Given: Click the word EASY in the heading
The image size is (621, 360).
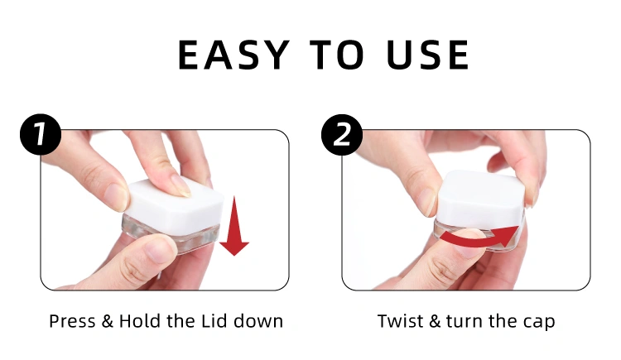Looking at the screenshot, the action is click(x=233, y=55).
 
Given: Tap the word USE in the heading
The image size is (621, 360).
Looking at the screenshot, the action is click(x=428, y=55).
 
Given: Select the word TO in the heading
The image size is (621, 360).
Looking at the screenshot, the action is click(x=337, y=55).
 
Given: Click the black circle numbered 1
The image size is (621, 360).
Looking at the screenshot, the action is click(x=41, y=135).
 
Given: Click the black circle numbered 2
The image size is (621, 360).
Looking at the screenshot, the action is click(x=342, y=135).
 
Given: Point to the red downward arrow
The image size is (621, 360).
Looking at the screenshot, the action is click(x=234, y=226).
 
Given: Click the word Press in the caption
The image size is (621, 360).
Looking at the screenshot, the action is click(x=72, y=321).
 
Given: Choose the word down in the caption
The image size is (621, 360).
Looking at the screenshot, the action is click(x=258, y=321).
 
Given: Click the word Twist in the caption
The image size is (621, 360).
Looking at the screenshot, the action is click(x=401, y=321).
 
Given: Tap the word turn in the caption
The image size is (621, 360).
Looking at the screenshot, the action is click(x=465, y=322).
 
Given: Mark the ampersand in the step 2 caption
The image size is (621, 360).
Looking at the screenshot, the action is click(x=435, y=321).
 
